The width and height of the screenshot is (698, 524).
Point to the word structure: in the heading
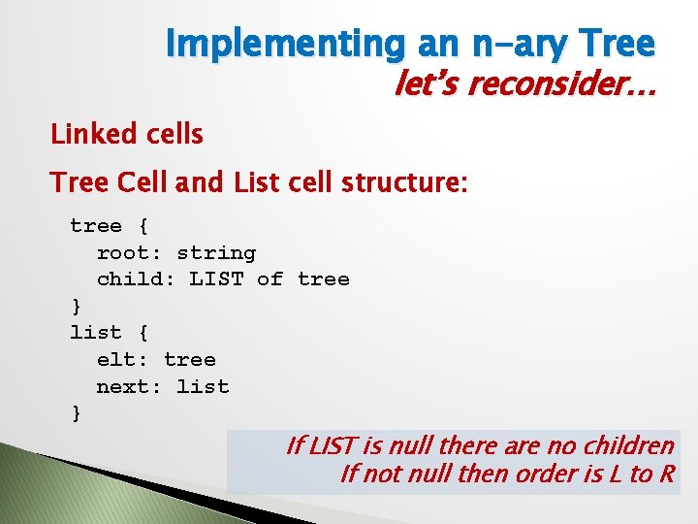(405, 181)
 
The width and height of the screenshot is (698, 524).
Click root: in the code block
(129, 253)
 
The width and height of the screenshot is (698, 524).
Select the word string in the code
(216, 253)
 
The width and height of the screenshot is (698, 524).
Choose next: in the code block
(129, 387)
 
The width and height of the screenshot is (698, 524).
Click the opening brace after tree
(143, 227)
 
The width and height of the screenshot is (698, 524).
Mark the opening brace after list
(143, 333)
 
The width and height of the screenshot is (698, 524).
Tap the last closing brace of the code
(77, 413)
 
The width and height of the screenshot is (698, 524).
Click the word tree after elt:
(189, 360)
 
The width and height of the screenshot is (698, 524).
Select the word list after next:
(203, 387)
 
